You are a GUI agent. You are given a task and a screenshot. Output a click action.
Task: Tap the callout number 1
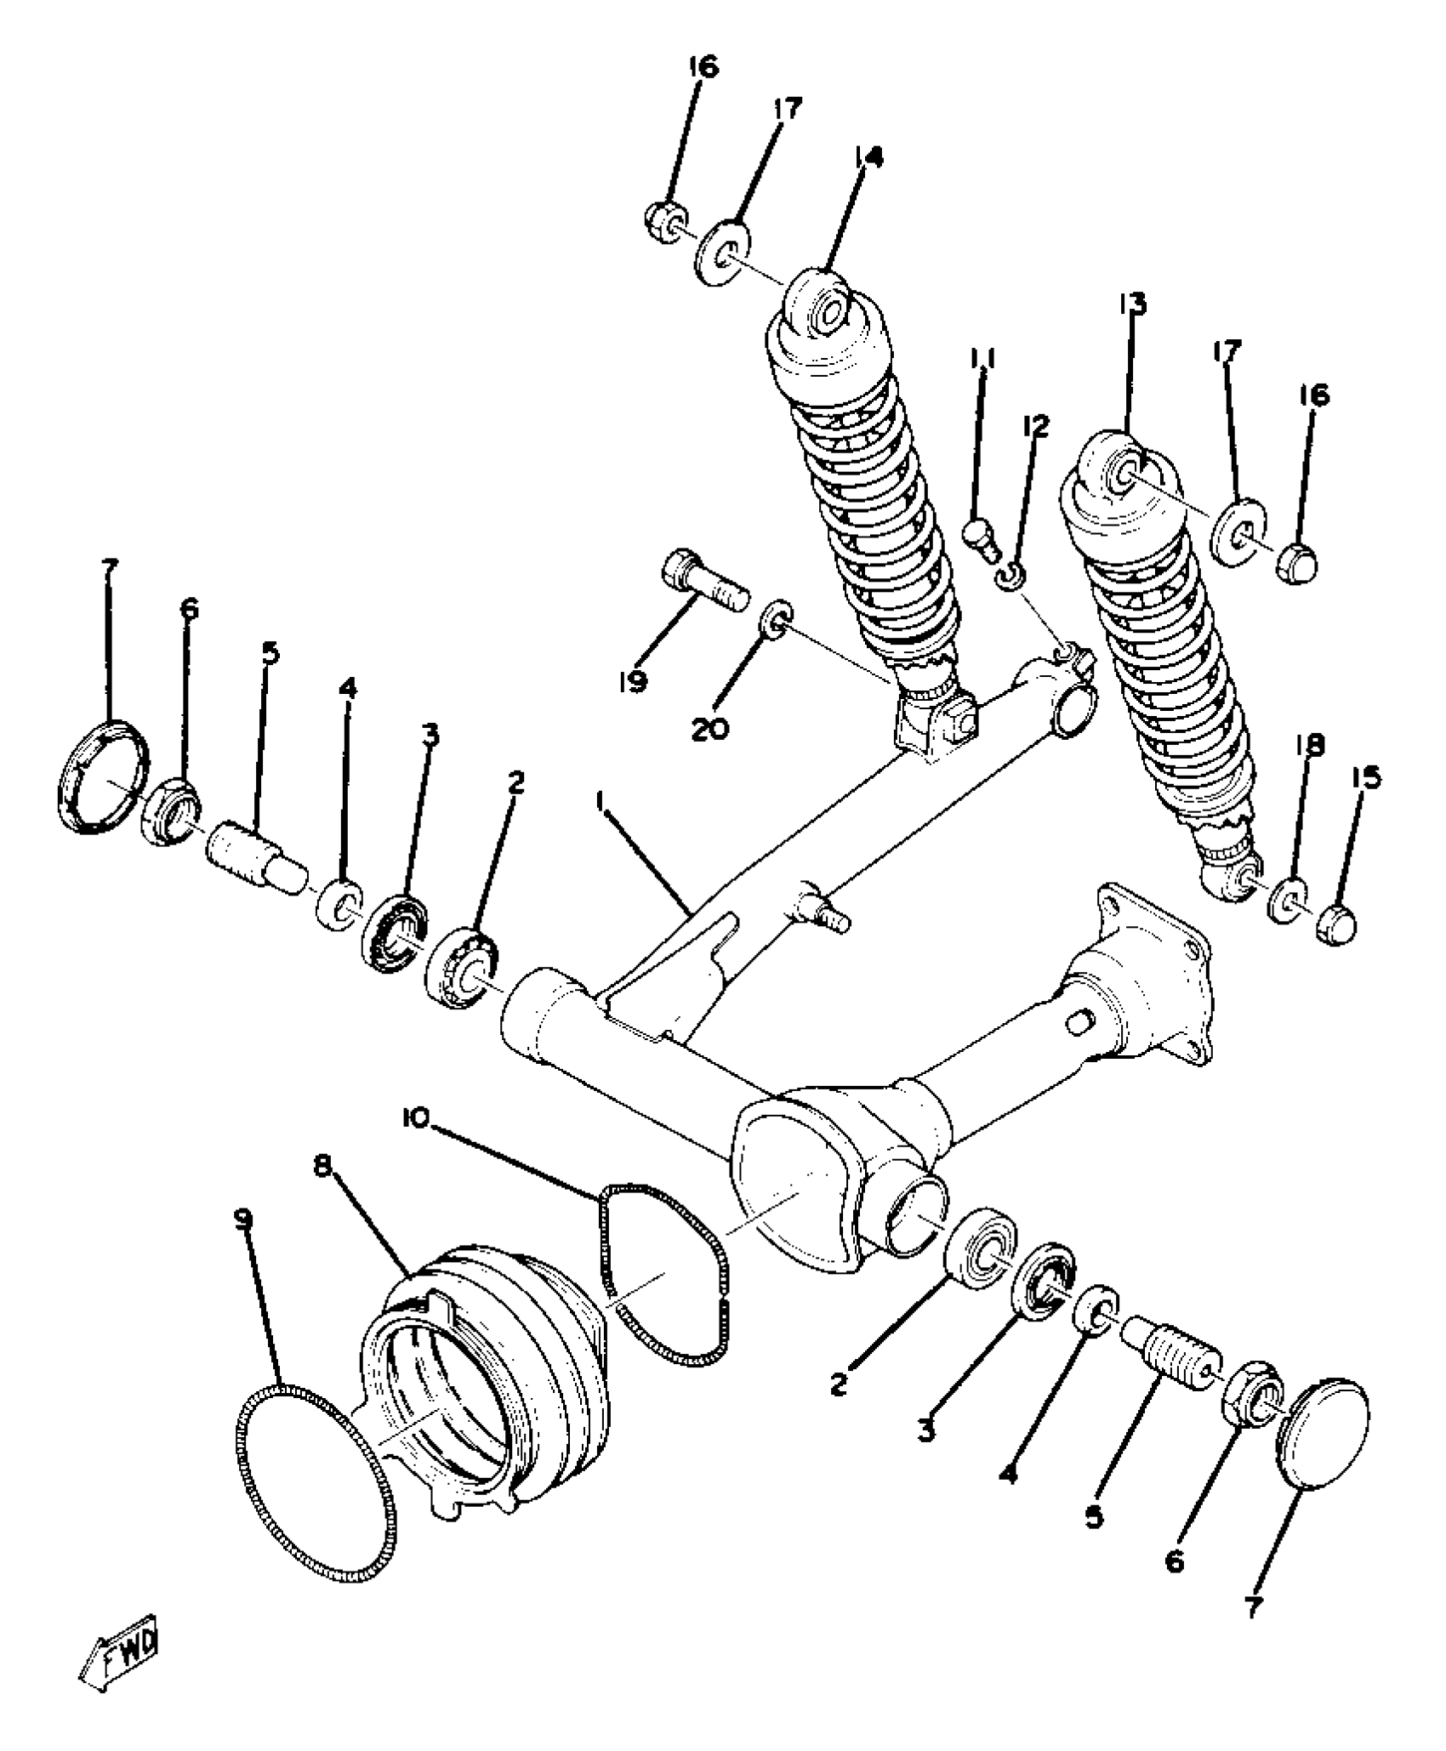point(602,801)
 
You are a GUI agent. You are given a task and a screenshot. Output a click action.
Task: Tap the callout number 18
point(1311,746)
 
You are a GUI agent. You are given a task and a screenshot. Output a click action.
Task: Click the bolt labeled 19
point(703,587)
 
